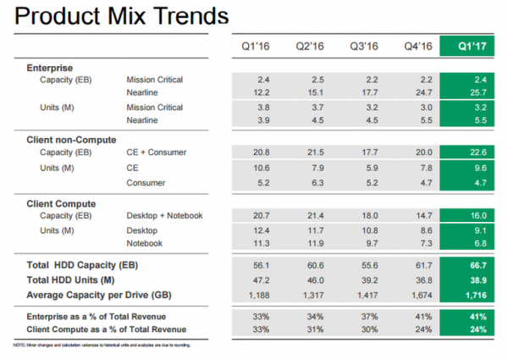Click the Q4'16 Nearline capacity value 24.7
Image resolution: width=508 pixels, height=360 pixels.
(420, 91)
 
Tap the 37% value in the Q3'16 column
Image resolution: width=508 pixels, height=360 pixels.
(369, 315)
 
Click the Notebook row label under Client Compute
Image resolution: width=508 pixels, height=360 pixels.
(146, 244)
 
